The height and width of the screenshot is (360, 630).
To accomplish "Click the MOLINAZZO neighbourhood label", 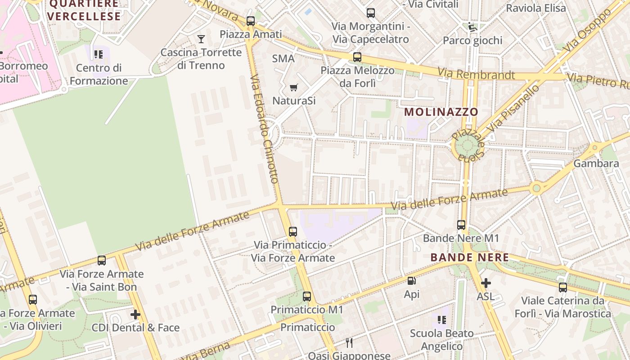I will point(441,112).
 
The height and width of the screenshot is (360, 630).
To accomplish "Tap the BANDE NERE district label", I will point(469,257).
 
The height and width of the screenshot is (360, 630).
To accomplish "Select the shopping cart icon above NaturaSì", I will point(293,87).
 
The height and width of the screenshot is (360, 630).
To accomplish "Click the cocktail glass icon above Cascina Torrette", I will point(201,39).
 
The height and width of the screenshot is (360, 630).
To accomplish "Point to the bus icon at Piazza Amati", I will point(251,21).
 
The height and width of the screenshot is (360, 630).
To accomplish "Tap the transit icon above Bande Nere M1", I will point(461,225).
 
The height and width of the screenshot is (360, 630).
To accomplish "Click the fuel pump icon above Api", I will point(411,281).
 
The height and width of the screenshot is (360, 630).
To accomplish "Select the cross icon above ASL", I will point(486,283).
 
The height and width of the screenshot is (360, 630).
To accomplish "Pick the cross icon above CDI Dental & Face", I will point(135,314).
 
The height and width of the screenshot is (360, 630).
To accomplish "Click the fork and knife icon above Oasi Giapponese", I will point(349,343).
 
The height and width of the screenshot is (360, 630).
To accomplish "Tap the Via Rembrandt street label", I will point(476,74).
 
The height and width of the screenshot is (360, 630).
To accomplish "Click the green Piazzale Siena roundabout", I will point(466,145).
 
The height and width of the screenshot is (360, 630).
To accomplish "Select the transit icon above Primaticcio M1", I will point(307,296).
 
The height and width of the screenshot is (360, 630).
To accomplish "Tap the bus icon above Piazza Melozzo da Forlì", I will point(357,57).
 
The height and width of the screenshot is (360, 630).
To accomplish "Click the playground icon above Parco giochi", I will point(472,27).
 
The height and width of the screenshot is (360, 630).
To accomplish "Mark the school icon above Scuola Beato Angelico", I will point(441,320).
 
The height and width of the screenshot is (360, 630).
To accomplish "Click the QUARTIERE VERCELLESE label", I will point(84,10).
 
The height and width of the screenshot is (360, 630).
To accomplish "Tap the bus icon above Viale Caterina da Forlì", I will point(563,287).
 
